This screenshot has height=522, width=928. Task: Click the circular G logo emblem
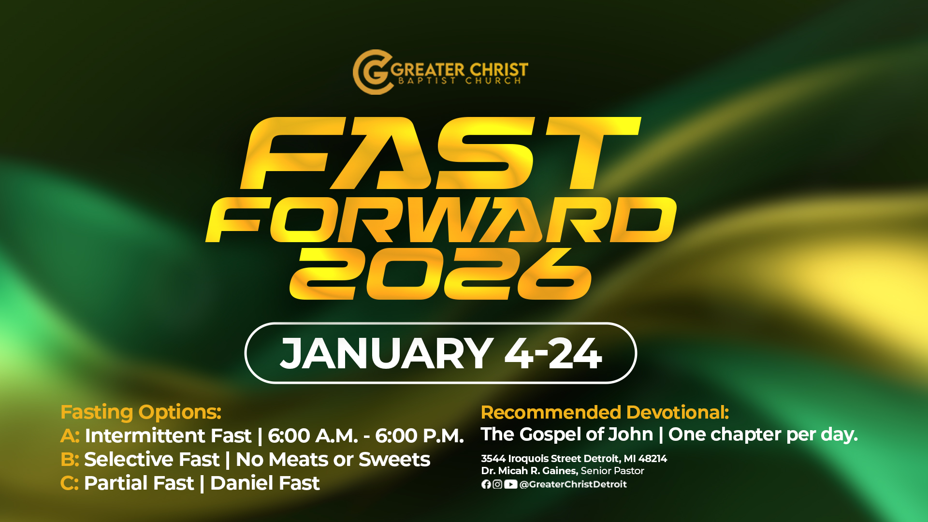(x=371, y=72)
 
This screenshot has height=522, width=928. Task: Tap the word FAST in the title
(x=440, y=153)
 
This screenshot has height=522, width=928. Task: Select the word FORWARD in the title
(x=441, y=220)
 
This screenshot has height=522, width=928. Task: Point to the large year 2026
(x=440, y=274)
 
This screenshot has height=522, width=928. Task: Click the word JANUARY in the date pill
(x=387, y=353)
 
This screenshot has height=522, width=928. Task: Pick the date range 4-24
(x=553, y=353)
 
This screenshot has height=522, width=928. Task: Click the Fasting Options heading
(x=141, y=412)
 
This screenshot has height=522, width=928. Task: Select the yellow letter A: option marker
(x=70, y=436)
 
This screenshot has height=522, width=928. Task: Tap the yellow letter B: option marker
(x=70, y=460)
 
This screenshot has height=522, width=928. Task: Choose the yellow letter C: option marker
(x=69, y=483)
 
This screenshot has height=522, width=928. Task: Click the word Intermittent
(x=168, y=435)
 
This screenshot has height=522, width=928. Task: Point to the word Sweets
(x=394, y=459)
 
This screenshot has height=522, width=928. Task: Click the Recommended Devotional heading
(x=605, y=413)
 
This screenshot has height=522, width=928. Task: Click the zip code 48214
(x=652, y=458)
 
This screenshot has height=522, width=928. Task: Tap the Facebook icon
(x=486, y=484)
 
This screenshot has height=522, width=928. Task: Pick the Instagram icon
(x=497, y=484)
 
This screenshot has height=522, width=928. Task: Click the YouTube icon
(x=511, y=484)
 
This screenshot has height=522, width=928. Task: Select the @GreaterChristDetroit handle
(x=573, y=484)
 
